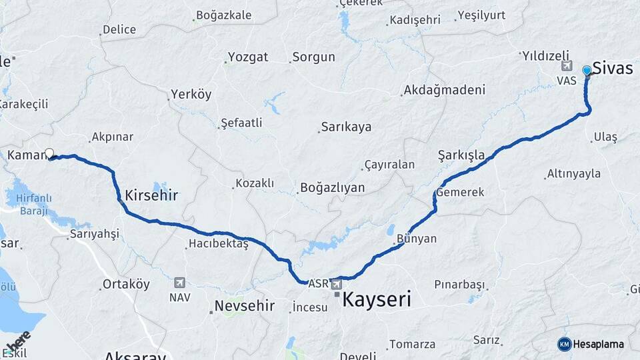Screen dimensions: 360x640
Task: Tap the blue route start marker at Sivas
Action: click(587, 70)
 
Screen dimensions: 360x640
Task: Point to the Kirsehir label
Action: click(151, 195)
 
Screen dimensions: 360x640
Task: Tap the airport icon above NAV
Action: click(179, 282)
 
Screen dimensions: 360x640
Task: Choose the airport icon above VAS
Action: click(567, 65)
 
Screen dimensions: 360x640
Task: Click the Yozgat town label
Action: click(247, 57)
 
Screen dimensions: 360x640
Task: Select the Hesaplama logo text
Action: click(599, 344)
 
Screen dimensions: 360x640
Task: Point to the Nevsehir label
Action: click(244, 307)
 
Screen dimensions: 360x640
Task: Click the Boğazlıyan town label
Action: click(332, 187)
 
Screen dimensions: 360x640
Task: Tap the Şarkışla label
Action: click(461, 155)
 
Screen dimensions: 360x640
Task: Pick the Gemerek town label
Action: click(461, 192)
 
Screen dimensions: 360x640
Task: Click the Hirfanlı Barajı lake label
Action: click(29, 205)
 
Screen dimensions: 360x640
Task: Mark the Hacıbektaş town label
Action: click(218, 245)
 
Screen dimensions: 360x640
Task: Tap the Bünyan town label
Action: click(416, 239)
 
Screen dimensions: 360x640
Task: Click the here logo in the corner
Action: click(18, 342)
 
